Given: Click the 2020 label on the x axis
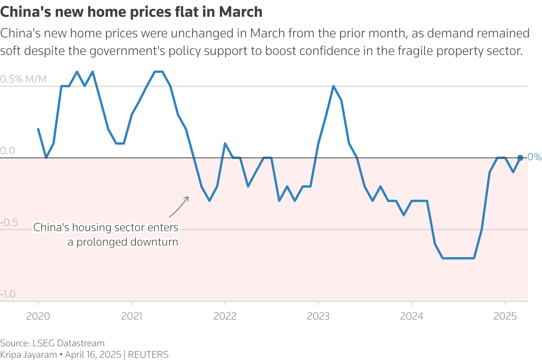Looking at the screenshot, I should pos(38,316).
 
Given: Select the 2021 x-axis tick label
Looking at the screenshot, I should pos(131,316).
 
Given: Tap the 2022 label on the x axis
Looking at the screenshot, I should pos(225,316).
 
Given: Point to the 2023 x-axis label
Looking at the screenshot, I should pos(318,316).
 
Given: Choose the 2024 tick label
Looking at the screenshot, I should pos(411,316).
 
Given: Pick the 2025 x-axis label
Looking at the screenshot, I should pos(505,316).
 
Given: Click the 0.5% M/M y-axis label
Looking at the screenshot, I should pos(23,79).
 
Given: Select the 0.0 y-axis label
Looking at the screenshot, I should pos(8,151).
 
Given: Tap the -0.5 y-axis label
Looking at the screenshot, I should pos(9,222).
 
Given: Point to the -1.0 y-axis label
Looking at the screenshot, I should pos(8,294).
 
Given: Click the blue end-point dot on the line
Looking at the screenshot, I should pos(520,157).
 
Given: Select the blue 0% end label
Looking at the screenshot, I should pos(534,157).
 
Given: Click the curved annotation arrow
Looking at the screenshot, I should pos(179,207).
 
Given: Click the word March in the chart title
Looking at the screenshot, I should pos(240,12).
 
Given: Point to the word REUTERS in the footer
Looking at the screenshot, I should pos(148,355).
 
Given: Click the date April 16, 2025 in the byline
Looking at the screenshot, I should pos(93,355).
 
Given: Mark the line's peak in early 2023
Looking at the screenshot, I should pos(333,86).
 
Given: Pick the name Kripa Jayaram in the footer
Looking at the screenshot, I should pos(28,355).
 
